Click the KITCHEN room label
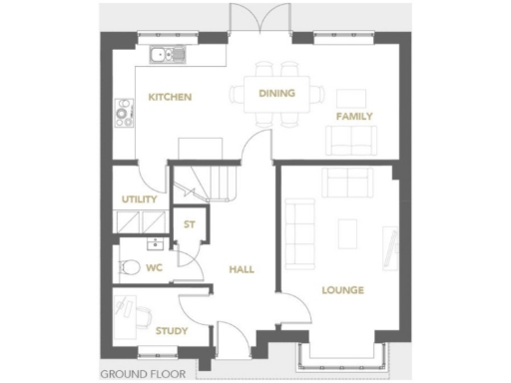click(x=170, y=97)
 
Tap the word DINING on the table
click(x=275, y=93)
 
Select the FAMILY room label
click(x=354, y=116)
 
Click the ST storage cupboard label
click(x=187, y=224)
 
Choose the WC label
click(x=153, y=267)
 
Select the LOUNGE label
click(x=341, y=290)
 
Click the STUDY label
click(x=171, y=330)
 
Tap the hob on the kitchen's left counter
click(x=125, y=112)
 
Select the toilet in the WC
click(x=127, y=267)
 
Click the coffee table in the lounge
click(x=346, y=232)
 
